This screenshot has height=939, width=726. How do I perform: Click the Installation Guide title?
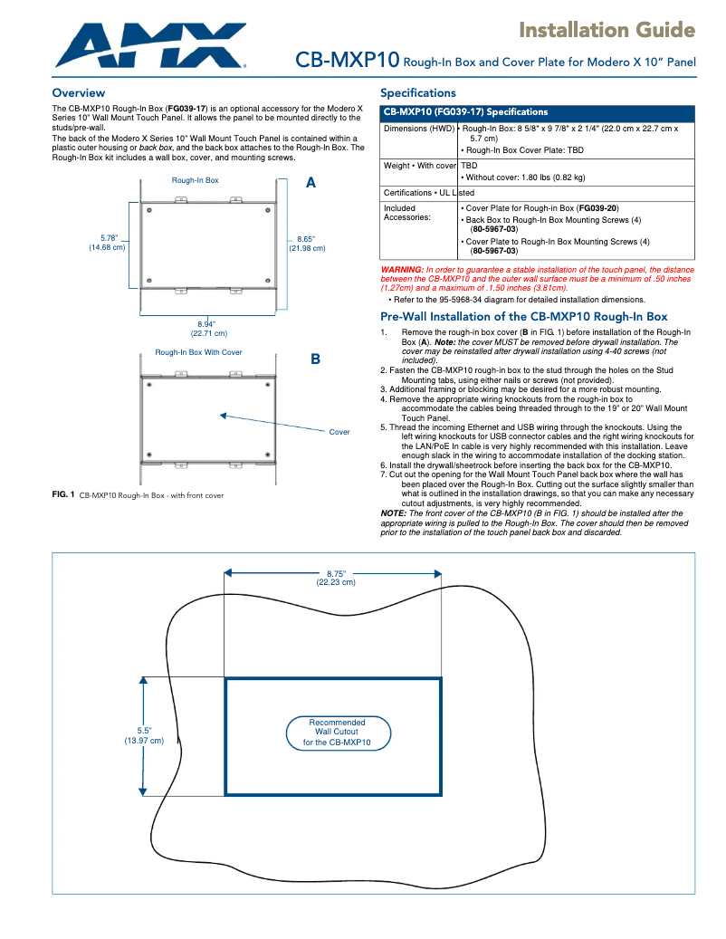606,31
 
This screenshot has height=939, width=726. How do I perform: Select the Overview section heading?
78,93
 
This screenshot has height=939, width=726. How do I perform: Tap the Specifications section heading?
417,93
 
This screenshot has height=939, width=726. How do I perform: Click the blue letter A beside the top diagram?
310,183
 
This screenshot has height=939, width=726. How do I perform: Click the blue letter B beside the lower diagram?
315,359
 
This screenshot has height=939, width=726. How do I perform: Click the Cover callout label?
339,432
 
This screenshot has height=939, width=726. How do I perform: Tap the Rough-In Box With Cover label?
198,352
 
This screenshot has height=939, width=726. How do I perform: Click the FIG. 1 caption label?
62,494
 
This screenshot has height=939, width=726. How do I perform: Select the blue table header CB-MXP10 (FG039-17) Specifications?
465,112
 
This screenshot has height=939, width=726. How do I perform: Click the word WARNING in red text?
402,270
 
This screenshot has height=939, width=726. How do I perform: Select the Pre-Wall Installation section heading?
523,317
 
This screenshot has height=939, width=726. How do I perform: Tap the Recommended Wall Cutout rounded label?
337,733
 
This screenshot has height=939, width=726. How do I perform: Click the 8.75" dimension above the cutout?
336,578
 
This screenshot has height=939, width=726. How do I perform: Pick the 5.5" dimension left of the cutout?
144,735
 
